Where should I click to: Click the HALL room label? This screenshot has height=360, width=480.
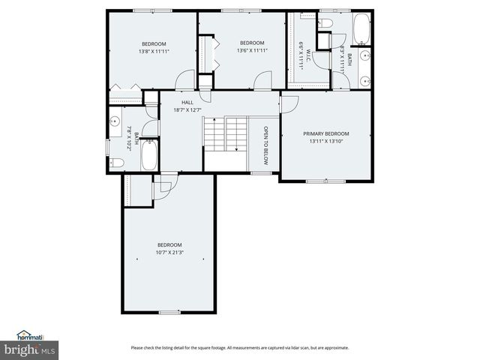(187, 102)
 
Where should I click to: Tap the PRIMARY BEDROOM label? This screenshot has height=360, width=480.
(325, 133)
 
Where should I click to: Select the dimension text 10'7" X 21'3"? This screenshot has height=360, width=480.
(169, 253)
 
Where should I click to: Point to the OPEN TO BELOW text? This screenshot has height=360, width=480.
(265, 145)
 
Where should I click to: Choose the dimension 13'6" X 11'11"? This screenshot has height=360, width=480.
(252, 50)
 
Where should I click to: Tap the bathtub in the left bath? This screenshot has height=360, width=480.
(148, 155)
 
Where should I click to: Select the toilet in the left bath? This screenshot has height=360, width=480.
(117, 163)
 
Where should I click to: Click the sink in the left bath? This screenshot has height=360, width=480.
(115, 120)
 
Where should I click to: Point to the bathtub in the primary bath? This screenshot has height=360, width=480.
(361, 28)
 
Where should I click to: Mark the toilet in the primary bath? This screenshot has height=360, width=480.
(325, 23)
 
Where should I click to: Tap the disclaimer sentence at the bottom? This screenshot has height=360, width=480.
(239, 347)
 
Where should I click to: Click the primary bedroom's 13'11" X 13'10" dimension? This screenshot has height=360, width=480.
(325, 142)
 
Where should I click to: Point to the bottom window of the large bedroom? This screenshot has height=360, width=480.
(169, 312)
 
